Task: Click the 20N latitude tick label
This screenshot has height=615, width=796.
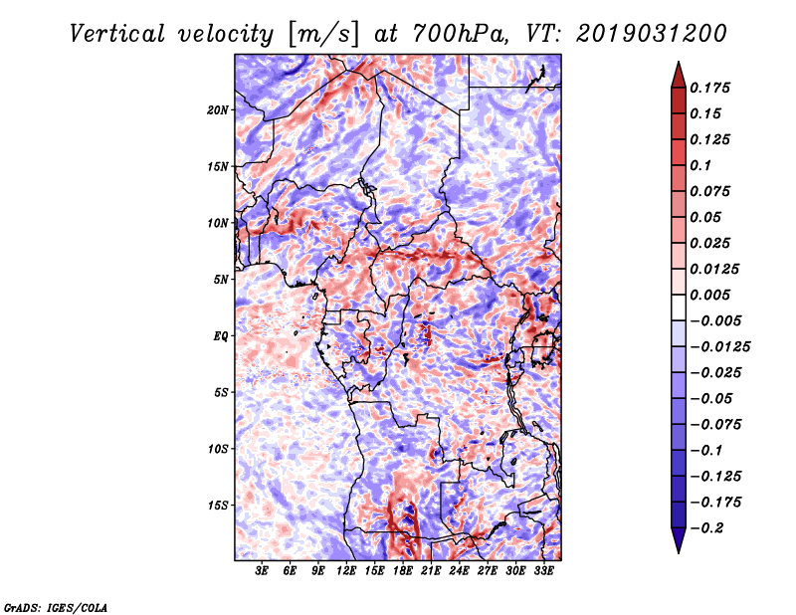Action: (x=218, y=110)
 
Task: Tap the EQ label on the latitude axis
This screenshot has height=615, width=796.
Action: (x=221, y=336)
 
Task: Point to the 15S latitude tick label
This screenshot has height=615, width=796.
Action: (x=218, y=506)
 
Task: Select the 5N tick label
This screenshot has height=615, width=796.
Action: (x=221, y=280)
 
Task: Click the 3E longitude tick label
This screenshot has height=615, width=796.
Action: (x=262, y=571)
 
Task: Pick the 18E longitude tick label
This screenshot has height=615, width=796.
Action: (x=403, y=571)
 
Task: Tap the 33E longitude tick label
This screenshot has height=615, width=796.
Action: (x=543, y=571)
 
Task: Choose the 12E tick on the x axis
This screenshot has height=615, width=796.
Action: (x=346, y=571)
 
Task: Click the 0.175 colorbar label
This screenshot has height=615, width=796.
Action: (x=710, y=88)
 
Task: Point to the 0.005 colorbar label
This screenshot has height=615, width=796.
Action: (x=710, y=295)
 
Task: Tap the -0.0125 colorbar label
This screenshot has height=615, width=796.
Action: (x=719, y=347)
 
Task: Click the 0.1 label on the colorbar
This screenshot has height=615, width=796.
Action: (x=700, y=165)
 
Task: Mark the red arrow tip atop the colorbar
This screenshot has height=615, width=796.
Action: (x=679, y=62)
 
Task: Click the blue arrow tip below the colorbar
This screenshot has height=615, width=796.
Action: (x=679, y=552)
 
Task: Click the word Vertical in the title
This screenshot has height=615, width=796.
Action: (x=117, y=34)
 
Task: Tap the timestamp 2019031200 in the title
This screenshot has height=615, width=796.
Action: (x=652, y=34)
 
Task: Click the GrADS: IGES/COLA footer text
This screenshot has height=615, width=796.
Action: (x=56, y=608)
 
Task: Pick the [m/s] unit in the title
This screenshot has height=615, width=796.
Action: (x=323, y=35)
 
